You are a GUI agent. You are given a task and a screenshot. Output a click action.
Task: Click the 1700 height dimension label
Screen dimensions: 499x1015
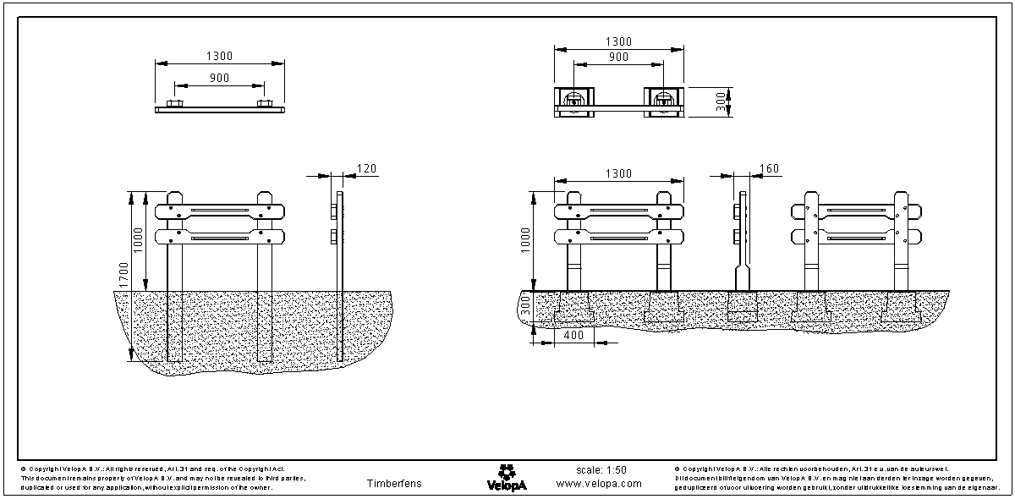tap(124, 275)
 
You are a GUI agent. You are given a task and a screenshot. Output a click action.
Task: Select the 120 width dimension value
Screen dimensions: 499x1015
tap(365, 169)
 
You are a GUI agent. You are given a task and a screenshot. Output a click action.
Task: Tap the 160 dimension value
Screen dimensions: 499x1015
tap(770, 169)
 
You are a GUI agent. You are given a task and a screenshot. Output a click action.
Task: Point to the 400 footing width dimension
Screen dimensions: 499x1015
tap(574, 336)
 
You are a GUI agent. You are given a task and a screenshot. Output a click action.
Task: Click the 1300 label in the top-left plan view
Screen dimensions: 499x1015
tap(219, 56)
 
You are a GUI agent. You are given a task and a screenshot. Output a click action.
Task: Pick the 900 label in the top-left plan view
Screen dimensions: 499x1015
tap(219, 78)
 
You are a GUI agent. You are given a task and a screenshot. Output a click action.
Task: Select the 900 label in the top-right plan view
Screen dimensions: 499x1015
tap(618, 57)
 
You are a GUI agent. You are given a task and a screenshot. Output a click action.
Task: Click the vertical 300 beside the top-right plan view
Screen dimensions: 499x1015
tap(721, 101)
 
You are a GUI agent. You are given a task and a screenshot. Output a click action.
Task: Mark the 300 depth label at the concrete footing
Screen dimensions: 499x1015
tap(525, 310)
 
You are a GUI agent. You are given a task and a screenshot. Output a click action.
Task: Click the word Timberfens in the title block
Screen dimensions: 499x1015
tap(394, 484)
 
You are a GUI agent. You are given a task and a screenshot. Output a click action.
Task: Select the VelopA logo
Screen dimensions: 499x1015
tap(507, 477)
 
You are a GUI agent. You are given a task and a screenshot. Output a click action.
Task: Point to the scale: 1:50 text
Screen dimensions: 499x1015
tap(601, 470)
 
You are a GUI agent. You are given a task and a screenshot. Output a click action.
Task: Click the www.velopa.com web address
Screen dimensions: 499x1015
tap(599, 485)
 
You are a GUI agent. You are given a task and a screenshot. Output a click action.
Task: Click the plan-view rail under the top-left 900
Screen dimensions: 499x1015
tap(220, 108)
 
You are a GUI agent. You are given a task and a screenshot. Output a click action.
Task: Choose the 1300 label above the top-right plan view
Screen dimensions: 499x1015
tap(618, 41)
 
